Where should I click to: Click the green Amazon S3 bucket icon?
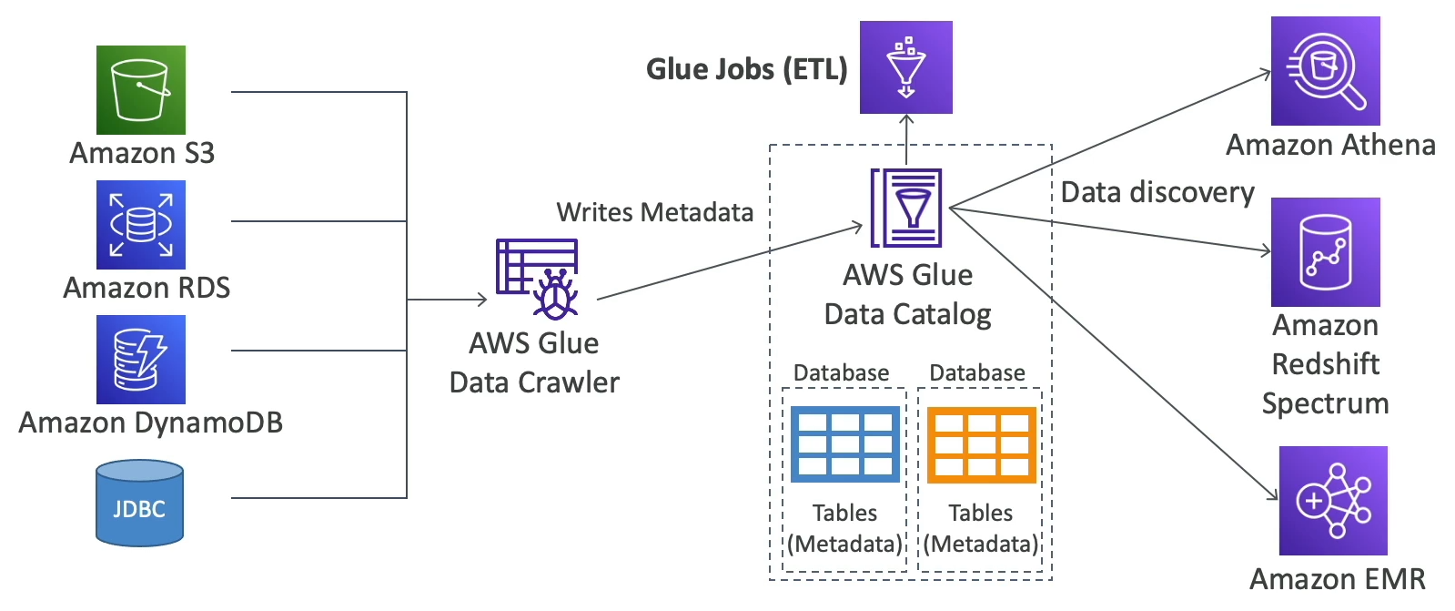141,90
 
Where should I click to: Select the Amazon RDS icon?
141,224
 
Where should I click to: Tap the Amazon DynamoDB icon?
141,359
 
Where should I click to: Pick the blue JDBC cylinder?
140,503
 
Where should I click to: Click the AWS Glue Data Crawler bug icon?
538,279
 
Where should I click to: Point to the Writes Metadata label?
654,212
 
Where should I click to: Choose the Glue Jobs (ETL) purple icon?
905,67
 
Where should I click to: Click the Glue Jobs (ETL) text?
746,69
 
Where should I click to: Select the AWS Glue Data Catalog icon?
906,208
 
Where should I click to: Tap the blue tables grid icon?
844,443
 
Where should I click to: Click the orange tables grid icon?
981,443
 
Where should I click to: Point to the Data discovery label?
1157,192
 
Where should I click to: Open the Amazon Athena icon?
1325,71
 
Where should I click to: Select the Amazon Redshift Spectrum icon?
1325,251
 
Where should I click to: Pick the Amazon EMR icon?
1333,501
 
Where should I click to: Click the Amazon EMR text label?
1337,579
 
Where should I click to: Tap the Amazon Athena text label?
1330,145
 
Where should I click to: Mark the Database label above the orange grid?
976,372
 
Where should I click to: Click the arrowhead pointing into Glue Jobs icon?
906,119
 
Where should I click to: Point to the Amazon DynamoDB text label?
151,423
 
